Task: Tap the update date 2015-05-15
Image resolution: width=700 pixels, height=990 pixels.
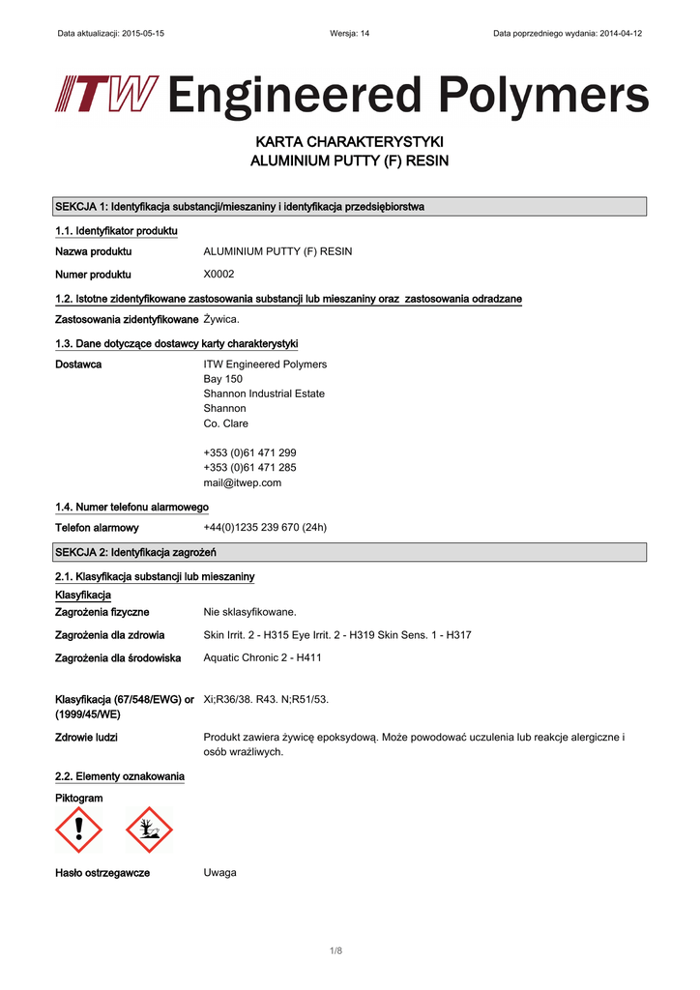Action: [x=142, y=33]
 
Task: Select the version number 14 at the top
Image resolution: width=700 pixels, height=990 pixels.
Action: [x=364, y=33]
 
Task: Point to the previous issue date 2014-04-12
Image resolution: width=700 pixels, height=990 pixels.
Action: [x=621, y=33]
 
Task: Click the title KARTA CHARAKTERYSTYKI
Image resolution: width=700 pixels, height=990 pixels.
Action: [x=349, y=143]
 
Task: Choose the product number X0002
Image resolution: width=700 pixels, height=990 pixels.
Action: [x=219, y=274]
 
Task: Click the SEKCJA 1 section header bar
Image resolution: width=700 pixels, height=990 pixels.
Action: [x=350, y=207]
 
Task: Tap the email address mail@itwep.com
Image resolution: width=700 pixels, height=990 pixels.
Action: [x=242, y=482]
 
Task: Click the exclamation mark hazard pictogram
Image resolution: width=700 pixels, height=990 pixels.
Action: [x=79, y=830]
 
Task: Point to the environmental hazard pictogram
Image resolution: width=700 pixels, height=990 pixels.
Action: [x=149, y=830]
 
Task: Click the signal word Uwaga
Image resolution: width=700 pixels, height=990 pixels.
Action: [x=219, y=872]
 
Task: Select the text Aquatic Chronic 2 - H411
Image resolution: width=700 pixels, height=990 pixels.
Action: [x=262, y=657]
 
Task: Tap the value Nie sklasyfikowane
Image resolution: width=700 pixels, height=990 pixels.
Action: [x=249, y=612]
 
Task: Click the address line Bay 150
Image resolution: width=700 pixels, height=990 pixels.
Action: [x=222, y=379]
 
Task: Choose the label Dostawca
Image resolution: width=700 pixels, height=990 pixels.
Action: [x=78, y=364]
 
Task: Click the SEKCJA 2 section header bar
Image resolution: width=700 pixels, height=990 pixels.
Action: [x=350, y=552]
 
